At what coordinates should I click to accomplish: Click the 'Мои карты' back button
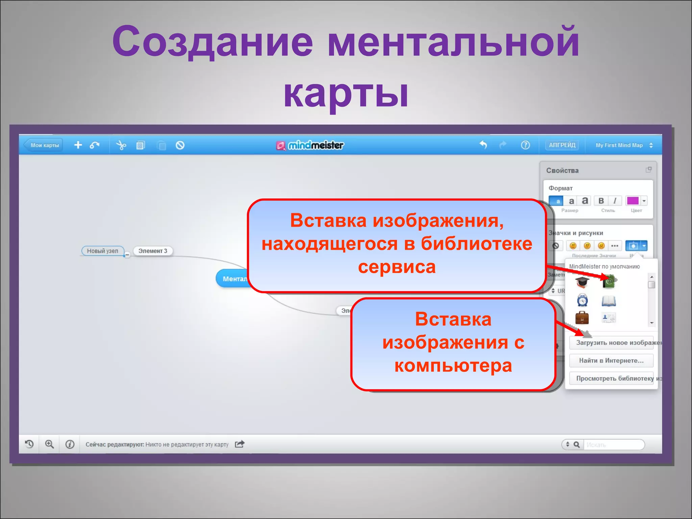[44, 145]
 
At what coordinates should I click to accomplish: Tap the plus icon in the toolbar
[78, 145]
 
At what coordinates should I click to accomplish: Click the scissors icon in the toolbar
[121, 145]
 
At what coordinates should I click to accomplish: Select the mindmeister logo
[310, 145]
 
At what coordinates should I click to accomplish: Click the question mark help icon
[525, 145]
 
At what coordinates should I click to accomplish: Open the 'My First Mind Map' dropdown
[623, 145]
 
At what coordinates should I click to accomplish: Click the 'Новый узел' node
[103, 251]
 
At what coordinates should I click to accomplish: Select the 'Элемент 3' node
[153, 251]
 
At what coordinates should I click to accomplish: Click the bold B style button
[601, 201]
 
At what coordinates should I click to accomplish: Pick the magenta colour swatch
[633, 201]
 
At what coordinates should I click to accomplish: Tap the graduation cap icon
[582, 281]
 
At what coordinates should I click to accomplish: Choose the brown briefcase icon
[582, 318]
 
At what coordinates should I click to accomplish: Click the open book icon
[609, 301]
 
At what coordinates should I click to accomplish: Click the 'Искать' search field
[613, 445]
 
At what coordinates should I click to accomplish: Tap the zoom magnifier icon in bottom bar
[50, 444]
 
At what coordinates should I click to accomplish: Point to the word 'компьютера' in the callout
[453, 366]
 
